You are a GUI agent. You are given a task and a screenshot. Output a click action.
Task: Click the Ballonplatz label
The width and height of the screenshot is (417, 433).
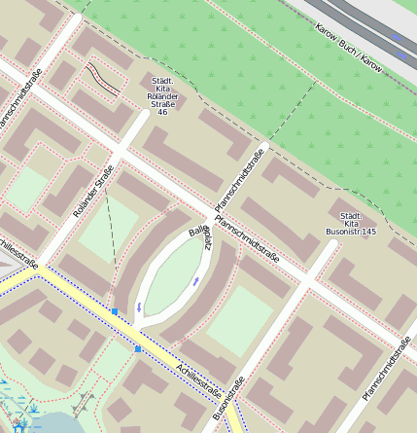[199, 239]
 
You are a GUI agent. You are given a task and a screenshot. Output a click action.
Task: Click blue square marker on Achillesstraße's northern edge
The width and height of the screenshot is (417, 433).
[115, 311]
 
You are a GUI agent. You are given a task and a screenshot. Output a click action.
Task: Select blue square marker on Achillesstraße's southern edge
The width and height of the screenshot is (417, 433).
[138, 347]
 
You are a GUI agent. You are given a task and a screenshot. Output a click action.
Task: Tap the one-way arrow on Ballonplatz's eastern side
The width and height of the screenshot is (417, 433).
[197, 280]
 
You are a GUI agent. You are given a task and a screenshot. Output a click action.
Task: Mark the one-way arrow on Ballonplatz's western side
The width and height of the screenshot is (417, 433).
[139, 307]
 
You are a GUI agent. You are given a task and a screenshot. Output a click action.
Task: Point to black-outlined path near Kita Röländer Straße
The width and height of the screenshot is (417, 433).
[103, 79]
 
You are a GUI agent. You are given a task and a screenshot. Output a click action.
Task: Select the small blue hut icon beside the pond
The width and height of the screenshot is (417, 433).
[19, 426]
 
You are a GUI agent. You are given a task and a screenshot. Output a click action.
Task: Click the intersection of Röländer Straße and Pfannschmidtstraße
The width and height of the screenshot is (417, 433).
[121, 154]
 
